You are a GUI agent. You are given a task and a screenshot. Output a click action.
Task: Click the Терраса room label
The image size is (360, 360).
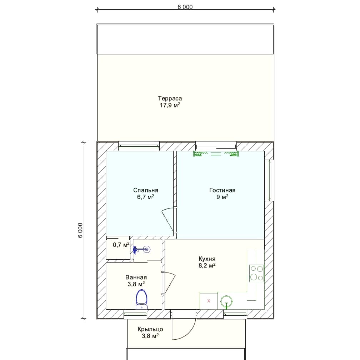pyautogui.click(x=170, y=99)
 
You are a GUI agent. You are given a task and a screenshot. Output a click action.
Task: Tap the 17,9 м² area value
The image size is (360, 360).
pyautogui.click(x=170, y=105)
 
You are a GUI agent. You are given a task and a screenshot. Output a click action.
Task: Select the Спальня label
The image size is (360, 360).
pyautogui.click(x=146, y=190)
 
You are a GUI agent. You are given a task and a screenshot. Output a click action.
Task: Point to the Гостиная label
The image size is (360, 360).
pyautogui.click(x=222, y=190)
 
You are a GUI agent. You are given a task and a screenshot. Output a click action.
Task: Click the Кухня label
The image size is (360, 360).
pyautogui.click(x=207, y=259)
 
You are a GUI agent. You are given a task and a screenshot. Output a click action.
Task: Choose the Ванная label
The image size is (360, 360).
pyautogui.click(x=136, y=277)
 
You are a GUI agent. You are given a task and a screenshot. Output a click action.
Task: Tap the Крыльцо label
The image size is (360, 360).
pyautogui.click(x=150, y=329)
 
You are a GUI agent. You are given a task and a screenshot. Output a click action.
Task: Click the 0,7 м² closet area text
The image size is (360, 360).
pyautogui.click(x=121, y=245)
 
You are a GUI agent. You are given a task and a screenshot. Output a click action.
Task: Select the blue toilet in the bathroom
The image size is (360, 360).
pyautogui.click(x=141, y=299)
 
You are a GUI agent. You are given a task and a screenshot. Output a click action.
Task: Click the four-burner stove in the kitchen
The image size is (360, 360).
pyautogui.click(x=257, y=274)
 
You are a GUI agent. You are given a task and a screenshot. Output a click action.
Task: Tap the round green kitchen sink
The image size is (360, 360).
pyautogui.click(x=226, y=301)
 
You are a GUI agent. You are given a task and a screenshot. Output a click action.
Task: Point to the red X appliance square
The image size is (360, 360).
pyautogui.click(x=209, y=301)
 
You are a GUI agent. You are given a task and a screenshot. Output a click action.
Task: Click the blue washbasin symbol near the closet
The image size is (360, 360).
pyautogui.click(x=142, y=249)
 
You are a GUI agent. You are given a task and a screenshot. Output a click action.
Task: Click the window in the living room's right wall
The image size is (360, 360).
pyautogui.click(x=269, y=180)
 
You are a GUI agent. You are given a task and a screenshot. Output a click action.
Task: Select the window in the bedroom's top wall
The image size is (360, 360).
pyautogui.click(x=139, y=146)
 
